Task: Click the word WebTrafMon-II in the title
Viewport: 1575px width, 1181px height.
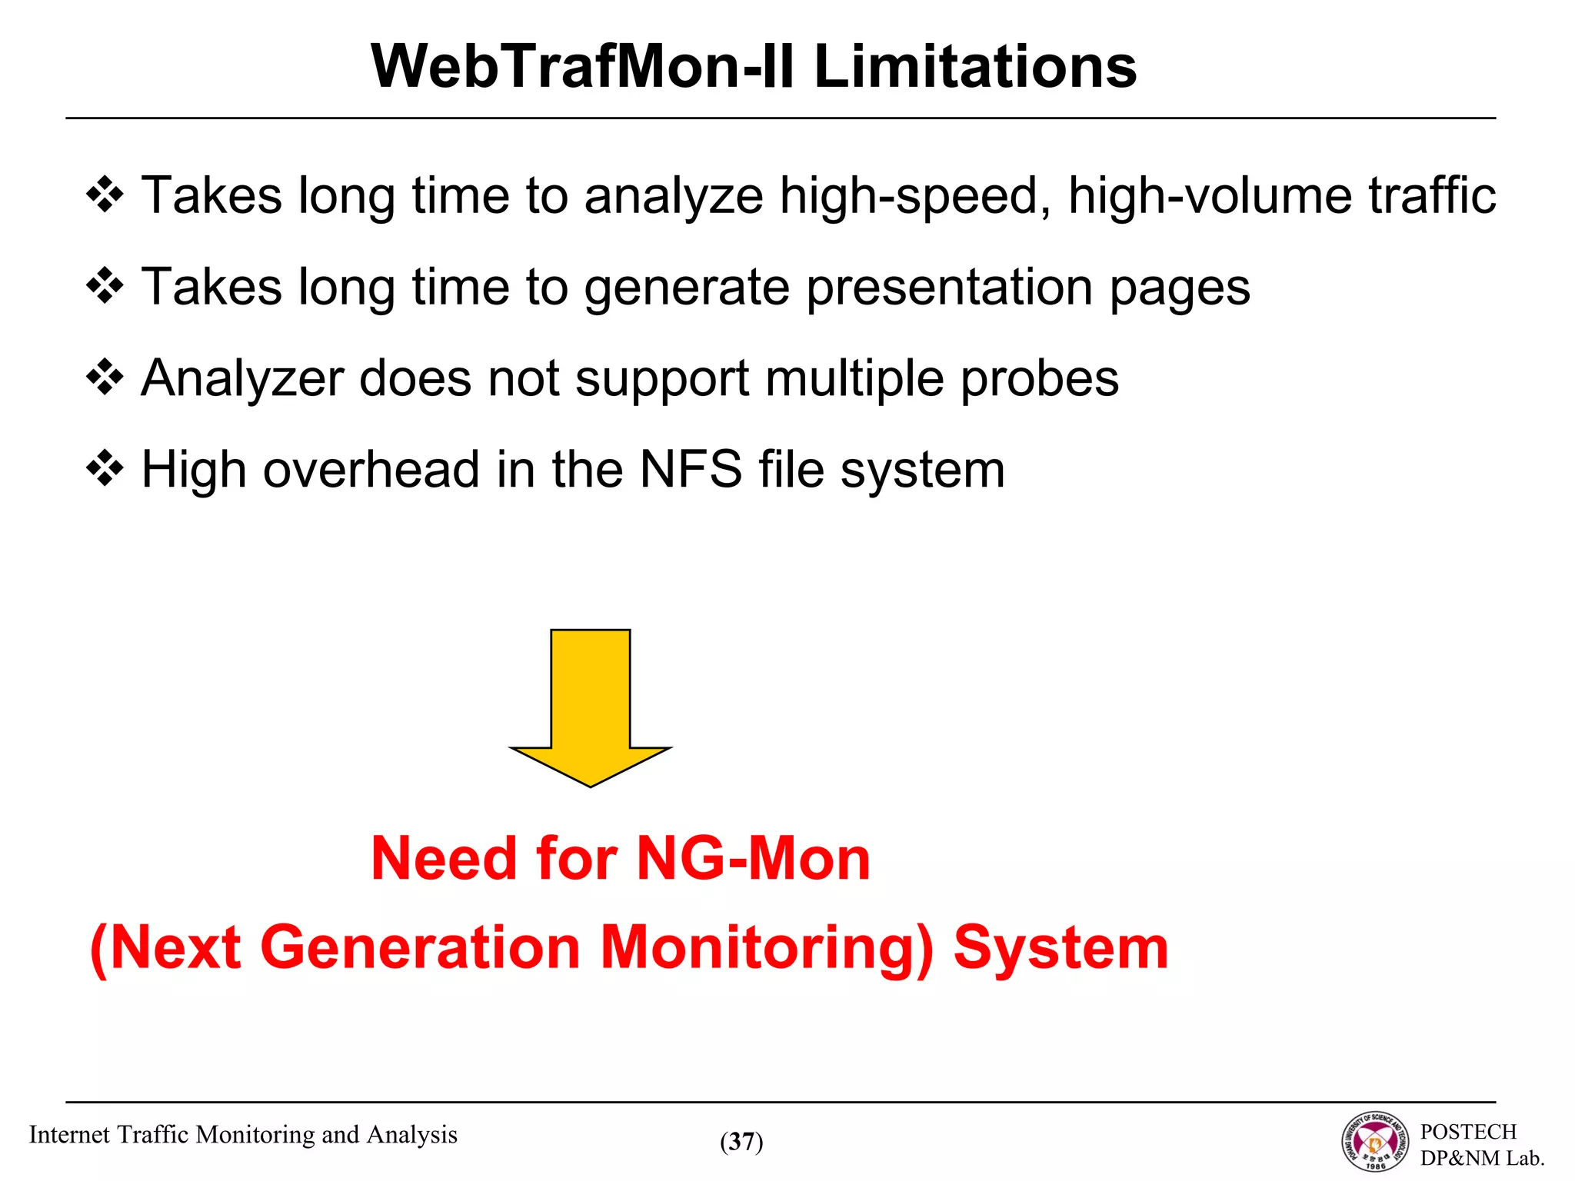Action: tap(583, 67)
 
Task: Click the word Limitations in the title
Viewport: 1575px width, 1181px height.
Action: tap(974, 67)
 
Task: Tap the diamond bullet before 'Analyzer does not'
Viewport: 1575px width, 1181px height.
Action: tap(105, 378)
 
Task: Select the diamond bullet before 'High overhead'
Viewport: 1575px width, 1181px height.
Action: tap(105, 469)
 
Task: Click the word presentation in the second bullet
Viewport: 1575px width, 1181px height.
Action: tap(950, 288)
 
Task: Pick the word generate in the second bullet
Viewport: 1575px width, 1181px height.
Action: tap(686, 288)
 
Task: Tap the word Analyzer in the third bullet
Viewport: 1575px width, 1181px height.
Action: tap(242, 379)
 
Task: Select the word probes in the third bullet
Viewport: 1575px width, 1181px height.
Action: tap(1039, 379)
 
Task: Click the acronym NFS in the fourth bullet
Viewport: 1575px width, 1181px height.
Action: tap(691, 469)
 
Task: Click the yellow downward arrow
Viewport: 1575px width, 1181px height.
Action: tap(590, 707)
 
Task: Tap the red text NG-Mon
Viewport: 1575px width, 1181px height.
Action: tap(753, 858)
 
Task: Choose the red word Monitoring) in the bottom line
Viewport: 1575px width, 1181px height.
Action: tap(766, 947)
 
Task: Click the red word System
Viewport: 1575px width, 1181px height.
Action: tap(1061, 947)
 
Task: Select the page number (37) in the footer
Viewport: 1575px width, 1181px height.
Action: tap(741, 1142)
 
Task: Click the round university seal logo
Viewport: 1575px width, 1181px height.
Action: tap(1375, 1142)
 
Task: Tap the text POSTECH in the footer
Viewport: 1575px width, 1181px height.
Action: tap(1467, 1132)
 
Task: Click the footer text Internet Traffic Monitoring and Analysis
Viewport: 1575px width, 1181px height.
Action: tap(243, 1135)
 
